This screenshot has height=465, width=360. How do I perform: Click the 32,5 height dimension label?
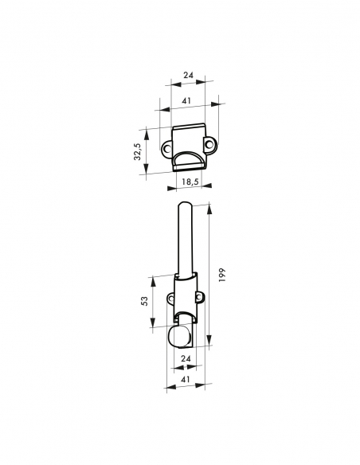tap(138, 151)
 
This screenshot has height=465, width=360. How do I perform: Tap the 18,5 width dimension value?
tap(190, 183)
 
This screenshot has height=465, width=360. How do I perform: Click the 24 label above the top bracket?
tap(189, 76)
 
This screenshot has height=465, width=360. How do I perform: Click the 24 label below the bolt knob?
tap(186, 360)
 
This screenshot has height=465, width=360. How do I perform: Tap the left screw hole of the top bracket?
tap(170, 147)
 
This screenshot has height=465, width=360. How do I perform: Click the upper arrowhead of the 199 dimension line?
tap(209, 207)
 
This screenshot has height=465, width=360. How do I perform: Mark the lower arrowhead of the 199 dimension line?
tap(209, 346)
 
